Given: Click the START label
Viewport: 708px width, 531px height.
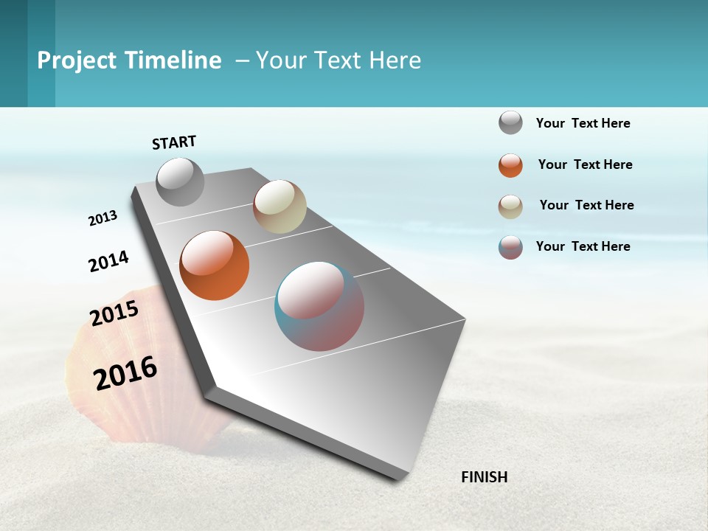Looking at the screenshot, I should click(x=174, y=142).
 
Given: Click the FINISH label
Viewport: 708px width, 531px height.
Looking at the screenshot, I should click(x=485, y=477).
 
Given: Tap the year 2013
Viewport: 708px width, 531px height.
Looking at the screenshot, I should click(x=103, y=218).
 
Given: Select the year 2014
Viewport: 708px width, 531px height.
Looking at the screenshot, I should click(x=108, y=262).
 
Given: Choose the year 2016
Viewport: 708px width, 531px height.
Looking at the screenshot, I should click(x=125, y=372).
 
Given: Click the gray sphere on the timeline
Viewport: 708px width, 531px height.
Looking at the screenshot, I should click(x=181, y=181).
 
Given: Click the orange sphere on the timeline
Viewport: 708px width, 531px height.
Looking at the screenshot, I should click(x=215, y=265).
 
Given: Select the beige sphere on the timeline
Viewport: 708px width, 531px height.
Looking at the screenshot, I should click(x=280, y=206).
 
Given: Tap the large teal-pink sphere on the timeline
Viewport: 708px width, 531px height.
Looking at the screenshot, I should click(x=319, y=306).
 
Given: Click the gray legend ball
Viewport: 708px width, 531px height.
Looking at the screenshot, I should click(x=510, y=122).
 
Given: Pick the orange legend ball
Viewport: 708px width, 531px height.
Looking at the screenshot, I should click(x=510, y=165).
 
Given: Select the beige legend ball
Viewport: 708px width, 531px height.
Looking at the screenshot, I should click(x=510, y=206).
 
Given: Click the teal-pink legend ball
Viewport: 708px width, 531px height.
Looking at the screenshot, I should click(x=510, y=247).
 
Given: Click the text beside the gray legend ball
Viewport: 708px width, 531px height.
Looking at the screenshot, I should click(x=583, y=123).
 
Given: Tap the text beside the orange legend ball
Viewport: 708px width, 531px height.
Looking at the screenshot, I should click(x=585, y=164).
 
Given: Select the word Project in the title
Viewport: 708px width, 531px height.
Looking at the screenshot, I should click(x=76, y=60).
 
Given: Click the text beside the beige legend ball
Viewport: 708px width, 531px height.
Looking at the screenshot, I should click(x=586, y=205).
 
